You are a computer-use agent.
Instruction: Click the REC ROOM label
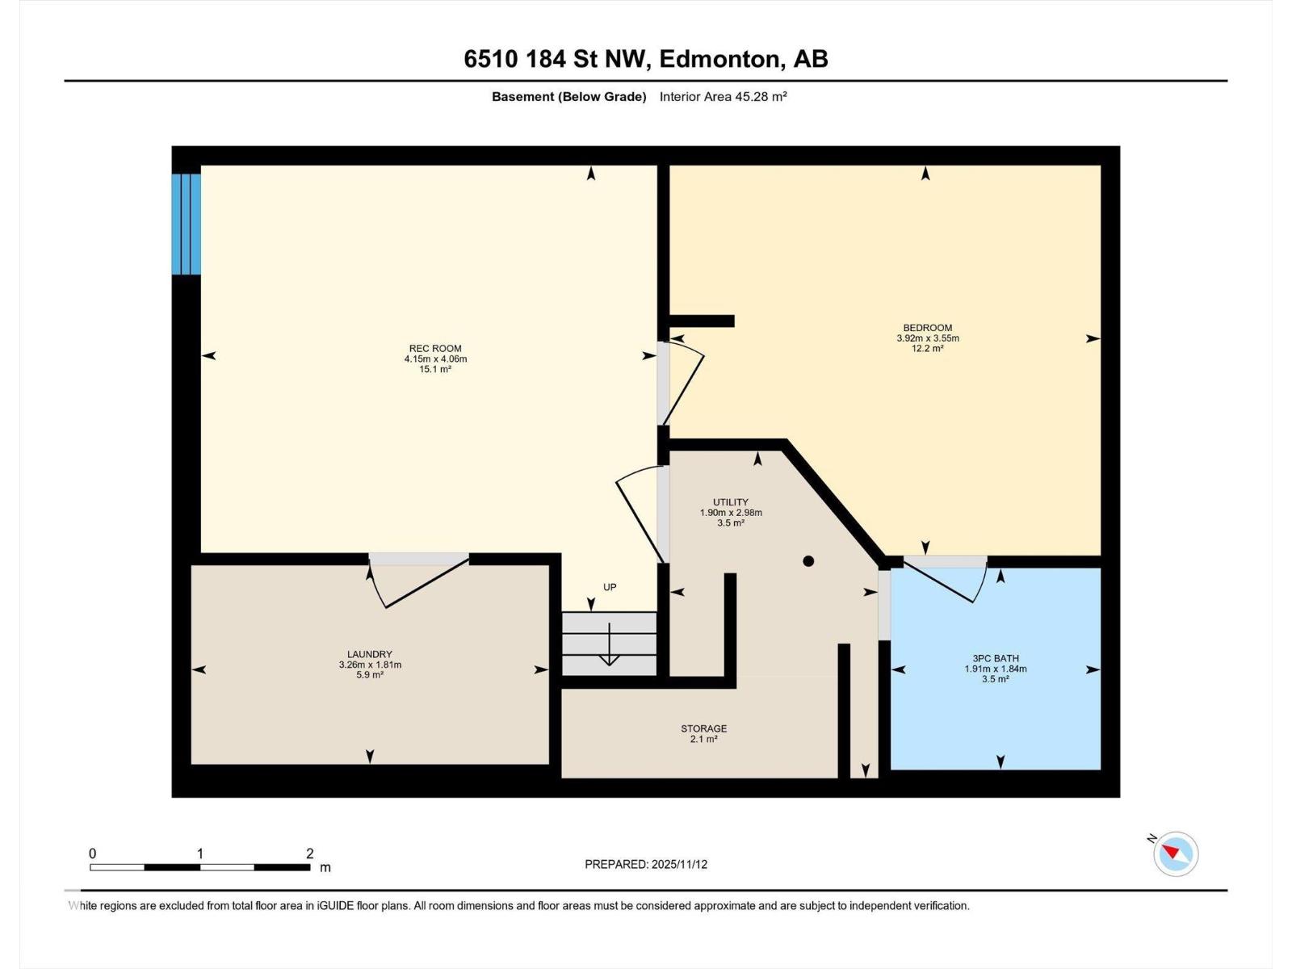pos(435,349)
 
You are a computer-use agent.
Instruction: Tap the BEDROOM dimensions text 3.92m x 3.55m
pos(928,338)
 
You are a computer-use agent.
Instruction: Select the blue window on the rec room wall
pos(187,224)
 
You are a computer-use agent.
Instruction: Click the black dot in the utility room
pos(808,561)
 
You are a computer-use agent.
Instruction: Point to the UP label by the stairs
pos(610,587)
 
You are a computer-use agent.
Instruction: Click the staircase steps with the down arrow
pos(610,644)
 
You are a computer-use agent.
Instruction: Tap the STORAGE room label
pos(703,728)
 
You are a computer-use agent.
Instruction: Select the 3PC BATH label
pos(996,658)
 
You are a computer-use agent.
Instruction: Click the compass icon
pos(1176,854)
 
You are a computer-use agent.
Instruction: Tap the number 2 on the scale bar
pos(309,854)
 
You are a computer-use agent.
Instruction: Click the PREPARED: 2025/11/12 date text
pos(646,864)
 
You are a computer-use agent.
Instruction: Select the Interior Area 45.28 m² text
pos(723,97)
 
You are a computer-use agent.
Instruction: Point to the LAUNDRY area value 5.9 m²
pos(370,675)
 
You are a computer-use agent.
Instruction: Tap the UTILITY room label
pos(731,502)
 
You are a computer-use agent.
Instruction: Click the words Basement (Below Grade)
pos(569,97)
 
